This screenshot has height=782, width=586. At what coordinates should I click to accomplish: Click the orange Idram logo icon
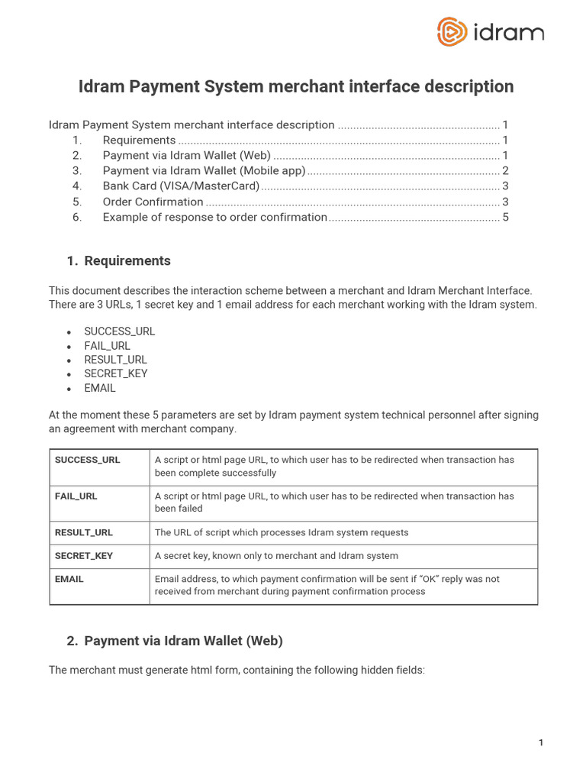click(452, 32)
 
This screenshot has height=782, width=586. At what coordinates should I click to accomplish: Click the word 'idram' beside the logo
click(507, 33)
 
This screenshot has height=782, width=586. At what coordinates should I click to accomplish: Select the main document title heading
click(296, 87)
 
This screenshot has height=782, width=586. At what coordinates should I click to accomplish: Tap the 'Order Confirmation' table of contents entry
click(153, 202)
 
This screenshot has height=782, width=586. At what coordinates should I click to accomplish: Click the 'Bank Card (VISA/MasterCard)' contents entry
click(181, 186)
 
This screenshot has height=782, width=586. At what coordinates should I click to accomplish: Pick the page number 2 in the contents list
click(505, 171)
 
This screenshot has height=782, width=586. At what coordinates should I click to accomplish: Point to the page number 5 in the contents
click(505, 217)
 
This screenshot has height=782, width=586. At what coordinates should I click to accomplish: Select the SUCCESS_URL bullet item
click(119, 331)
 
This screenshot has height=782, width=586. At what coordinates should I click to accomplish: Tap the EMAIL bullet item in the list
click(100, 388)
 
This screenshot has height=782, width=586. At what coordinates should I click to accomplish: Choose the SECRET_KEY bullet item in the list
click(116, 373)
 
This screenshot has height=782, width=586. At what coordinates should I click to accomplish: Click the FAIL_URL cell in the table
click(76, 496)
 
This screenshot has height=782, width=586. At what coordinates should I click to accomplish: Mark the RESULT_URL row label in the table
click(84, 533)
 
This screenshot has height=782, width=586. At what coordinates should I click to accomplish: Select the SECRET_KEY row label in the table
click(84, 556)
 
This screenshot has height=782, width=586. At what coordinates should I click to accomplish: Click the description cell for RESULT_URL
click(282, 533)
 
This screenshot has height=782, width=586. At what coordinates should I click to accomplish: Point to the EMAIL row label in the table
click(69, 580)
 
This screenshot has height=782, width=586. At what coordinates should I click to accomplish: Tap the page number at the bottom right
click(541, 743)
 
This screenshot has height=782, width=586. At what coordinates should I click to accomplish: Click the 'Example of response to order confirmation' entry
click(214, 217)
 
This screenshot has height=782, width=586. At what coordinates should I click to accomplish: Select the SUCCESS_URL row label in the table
click(88, 460)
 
